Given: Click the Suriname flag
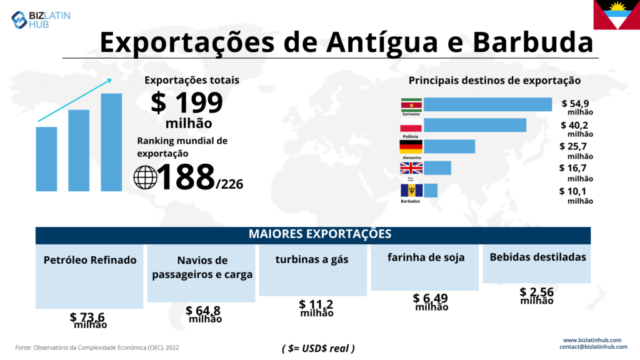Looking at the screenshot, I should click(x=411, y=104).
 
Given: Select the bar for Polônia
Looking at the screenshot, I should click(x=475, y=125).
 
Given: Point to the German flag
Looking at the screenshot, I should click(x=411, y=147).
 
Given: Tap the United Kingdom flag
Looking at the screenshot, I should click(x=411, y=167).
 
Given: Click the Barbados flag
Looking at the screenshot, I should click(x=411, y=190).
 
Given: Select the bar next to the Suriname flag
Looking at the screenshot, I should click(x=487, y=104).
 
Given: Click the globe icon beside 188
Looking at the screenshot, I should click(x=146, y=177).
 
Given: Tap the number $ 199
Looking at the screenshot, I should click(x=187, y=102).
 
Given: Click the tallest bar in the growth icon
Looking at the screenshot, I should click(x=111, y=142).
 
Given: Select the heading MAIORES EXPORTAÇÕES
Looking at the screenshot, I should click(x=320, y=234).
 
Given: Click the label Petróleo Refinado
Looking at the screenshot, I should click(x=90, y=260).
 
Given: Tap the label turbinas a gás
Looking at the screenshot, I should click(x=312, y=259).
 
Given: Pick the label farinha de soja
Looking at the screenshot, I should click(x=426, y=257).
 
